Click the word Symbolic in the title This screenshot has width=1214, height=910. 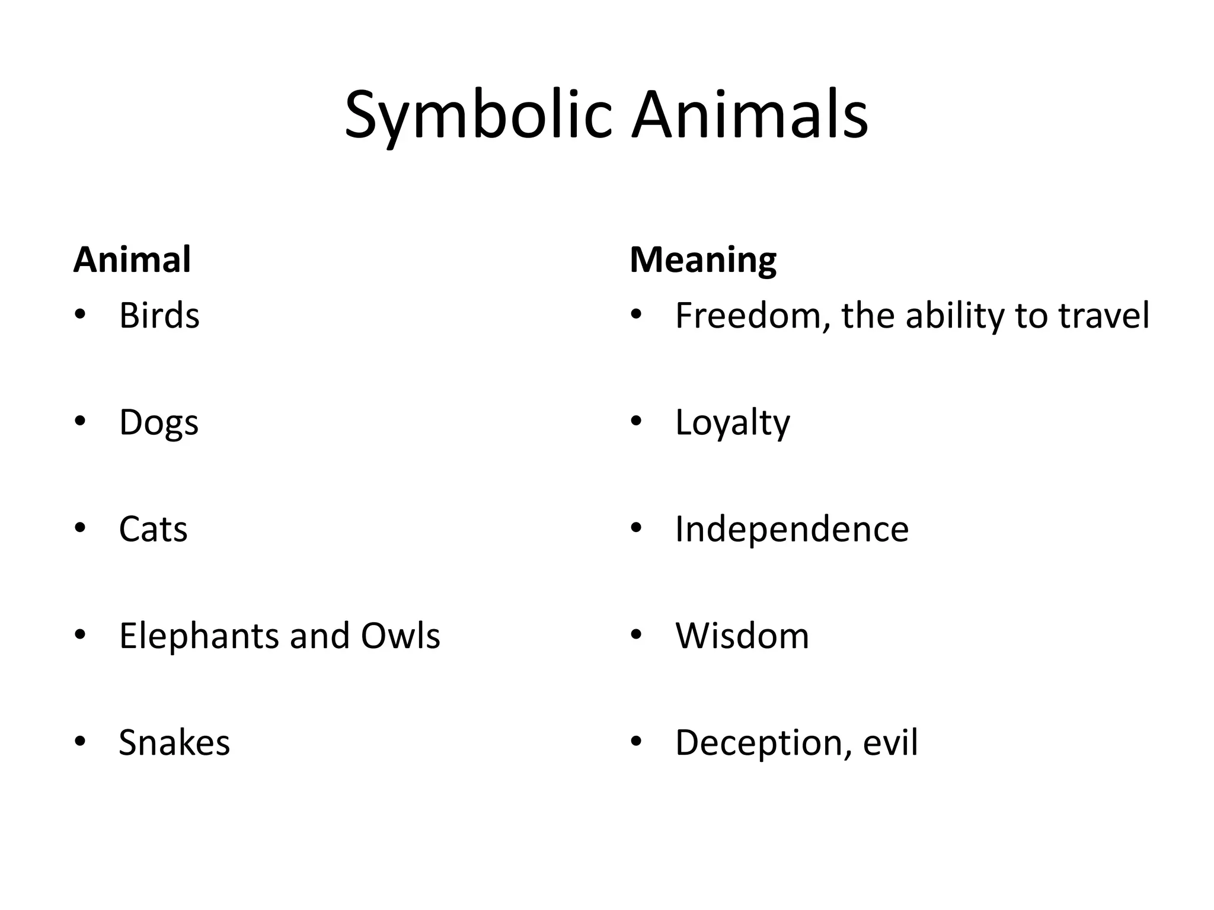pyautogui.click(x=478, y=116)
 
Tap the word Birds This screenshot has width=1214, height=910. pyautogui.click(x=159, y=315)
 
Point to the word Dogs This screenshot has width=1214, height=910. pyautogui.click(x=159, y=423)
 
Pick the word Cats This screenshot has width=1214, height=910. pyautogui.click(x=153, y=529)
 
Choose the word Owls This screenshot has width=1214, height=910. pyautogui.click(x=400, y=636)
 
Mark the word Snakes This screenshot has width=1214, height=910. pyautogui.click(x=174, y=742)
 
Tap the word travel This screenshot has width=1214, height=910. pyautogui.click(x=1104, y=315)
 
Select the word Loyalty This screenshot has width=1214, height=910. pyautogui.click(x=733, y=423)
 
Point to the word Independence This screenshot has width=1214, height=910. pyautogui.click(x=792, y=529)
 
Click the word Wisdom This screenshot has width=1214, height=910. pyautogui.click(x=742, y=636)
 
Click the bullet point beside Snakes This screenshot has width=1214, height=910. pyautogui.click(x=80, y=741)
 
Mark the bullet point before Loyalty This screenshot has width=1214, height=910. pyautogui.click(x=637, y=421)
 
